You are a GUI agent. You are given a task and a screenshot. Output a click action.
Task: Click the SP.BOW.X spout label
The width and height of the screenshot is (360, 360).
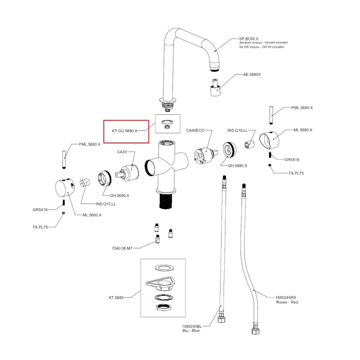[x=249, y=38]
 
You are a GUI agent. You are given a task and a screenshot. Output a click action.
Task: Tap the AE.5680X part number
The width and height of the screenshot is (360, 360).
[x=252, y=75]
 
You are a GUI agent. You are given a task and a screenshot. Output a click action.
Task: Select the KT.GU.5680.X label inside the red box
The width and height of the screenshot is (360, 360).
[x=125, y=131]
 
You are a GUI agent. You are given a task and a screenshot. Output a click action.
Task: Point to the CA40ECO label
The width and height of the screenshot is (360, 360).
[x=195, y=130]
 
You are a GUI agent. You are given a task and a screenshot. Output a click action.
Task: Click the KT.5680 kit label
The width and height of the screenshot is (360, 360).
[x=116, y=298]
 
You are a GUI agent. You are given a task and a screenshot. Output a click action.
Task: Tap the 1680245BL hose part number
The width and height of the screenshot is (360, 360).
[x=192, y=326]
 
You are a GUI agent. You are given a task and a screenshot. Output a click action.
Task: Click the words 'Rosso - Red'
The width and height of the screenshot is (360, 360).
[x=287, y=302]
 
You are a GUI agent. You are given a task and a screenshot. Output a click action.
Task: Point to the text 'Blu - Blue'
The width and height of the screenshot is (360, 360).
[x=191, y=331]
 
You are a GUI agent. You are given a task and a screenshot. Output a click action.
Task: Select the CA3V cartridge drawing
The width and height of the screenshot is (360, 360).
[x=129, y=173]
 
